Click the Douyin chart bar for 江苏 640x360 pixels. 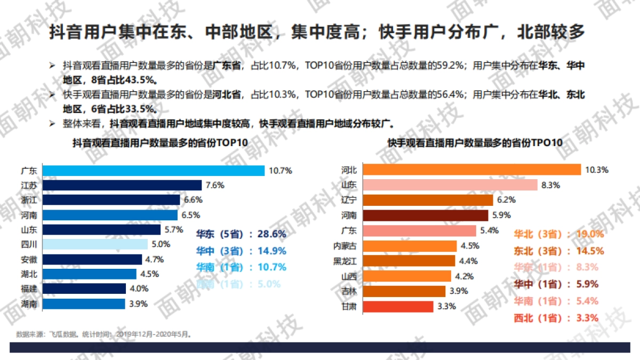pyautogui.click(x=122, y=186)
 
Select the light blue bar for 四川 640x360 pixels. pyautogui.click(x=94, y=244)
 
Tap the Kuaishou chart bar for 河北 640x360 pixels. pyautogui.click(x=471, y=170)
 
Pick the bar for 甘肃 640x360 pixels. pyautogui.click(x=398, y=307)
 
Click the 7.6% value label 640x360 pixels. pyautogui.click(x=214, y=186)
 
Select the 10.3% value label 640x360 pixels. pyautogui.click(x=597, y=170)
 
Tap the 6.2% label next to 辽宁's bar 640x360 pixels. pyautogui.click(x=507, y=200)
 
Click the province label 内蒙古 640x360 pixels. pyautogui.click(x=345, y=246)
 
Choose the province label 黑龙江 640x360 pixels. pyautogui.click(x=345, y=261)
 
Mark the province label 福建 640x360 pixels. pyautogui.click(x=29, y=289)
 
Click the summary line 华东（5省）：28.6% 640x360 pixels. pyautogui.click(x=241, y=234)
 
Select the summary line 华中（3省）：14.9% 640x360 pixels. pyautogui.click(x=241, y=251)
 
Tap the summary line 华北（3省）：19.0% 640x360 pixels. pyautogui.click(x=558, y=234)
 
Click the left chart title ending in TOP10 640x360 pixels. pyautogui.click(x=161, y=143)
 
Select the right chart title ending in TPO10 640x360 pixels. pyautogui.click(x=475, y=143)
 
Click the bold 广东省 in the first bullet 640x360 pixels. pyautogui.click(x=227, y=66)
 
